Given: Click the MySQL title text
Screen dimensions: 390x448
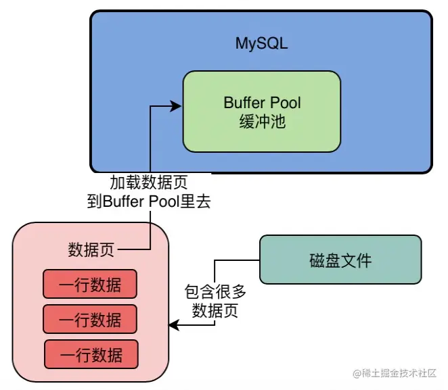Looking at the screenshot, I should [261, 44].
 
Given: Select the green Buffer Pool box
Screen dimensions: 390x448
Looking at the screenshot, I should [261, 112].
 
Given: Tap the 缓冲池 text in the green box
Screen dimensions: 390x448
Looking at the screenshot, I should [262, 122].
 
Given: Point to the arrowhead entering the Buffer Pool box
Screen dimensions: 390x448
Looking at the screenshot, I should [177, 105].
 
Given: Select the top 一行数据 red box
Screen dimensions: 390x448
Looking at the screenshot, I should [90, 285].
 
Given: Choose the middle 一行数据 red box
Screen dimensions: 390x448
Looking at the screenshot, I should [90, 319].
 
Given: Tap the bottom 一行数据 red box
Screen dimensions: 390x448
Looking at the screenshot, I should [91, 354].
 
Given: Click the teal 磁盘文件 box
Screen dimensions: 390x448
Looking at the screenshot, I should [340, 260].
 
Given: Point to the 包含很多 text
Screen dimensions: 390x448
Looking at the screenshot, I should [215, 293].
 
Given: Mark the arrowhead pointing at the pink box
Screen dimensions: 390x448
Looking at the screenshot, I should [173, 326].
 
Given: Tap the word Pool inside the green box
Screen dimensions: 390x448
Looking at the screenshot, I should [284, 103].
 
